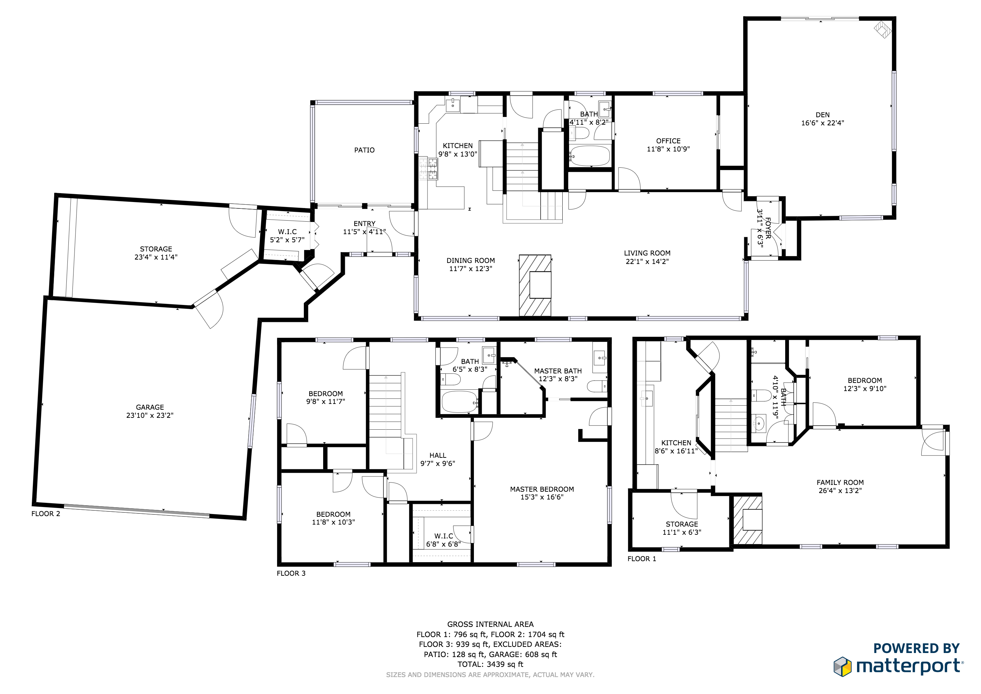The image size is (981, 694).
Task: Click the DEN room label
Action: pyautogui.click(x=822, y=115)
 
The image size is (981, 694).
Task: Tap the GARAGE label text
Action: pyautogui.click(x=150, y=407)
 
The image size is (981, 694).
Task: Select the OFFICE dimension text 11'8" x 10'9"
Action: pyautogui.click(x=668, y=149)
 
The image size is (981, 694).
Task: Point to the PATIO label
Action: pyautogui.click(x=364, y=150)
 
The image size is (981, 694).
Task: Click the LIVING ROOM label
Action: pyautogui.click(x=647, y=253)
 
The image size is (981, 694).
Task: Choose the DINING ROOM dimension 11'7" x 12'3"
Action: pyautogui.click(x=471, y=269)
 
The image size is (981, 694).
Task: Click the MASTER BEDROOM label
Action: pyautogui.click(x=542, y=489)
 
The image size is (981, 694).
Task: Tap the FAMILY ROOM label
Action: pyautogui.click(x=840, y=483)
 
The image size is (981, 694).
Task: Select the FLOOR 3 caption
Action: pyautogui.click(x=291, y=573)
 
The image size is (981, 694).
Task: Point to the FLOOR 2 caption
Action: pyautogui.click(x=46, y=514)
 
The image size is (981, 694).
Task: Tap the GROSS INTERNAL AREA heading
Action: pyautogui.click(x=490, y=624)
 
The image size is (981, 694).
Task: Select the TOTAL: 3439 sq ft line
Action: pyautogui.click(x=490, y=665)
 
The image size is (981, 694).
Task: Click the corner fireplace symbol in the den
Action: pyautogui.click(x=882, y=29)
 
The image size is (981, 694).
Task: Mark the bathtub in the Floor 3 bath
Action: pyautogui.click(x=459, y=402)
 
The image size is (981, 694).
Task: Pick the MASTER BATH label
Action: pyautogui.click(x=558, y=371)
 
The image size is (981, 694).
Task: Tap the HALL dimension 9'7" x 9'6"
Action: pyautogui.click(x=438, y=463)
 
